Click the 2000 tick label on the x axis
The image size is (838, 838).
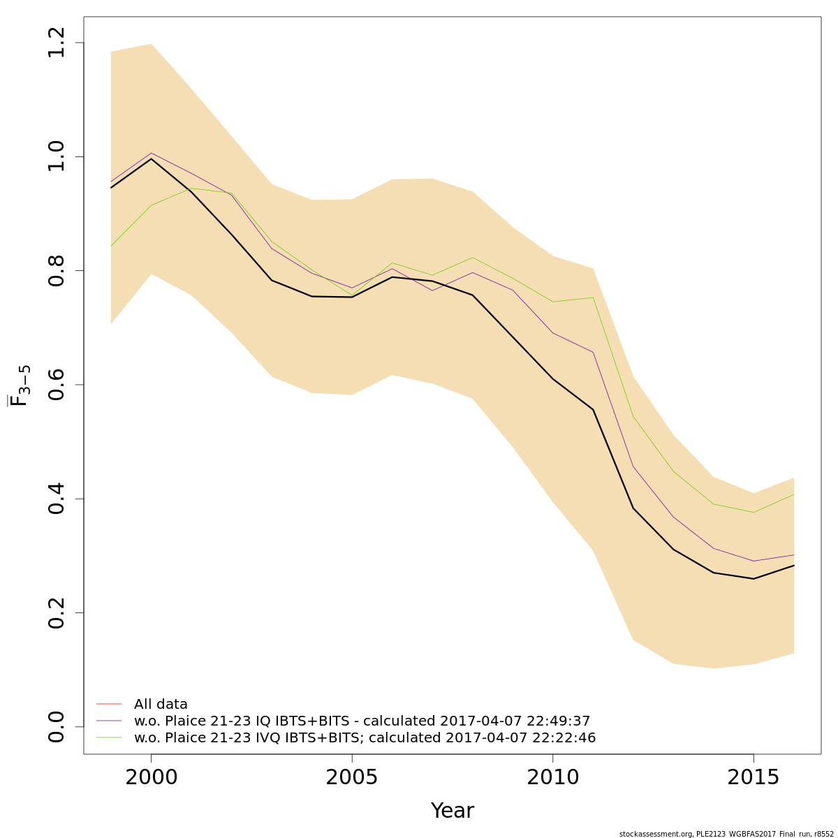[151, 777]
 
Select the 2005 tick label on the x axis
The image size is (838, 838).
[352, 777]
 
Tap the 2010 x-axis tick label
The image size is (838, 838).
[552, 777]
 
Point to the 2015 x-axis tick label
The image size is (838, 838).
[754, 777]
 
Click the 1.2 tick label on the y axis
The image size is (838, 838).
[57, 43]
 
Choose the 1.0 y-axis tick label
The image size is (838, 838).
[57, 156]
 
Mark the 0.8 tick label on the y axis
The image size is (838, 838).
[57, 270]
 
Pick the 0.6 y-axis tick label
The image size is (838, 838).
[57, 385]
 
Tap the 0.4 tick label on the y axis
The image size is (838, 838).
[57, 499]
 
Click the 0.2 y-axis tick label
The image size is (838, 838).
[57, 612]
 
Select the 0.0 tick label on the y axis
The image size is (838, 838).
[57, 727]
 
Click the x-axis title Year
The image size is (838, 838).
[452, 811]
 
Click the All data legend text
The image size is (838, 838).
[161, 705]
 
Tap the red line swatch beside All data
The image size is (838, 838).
[109, 704]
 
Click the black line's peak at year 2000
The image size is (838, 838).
[151, 159]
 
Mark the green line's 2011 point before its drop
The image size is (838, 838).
[593, 297]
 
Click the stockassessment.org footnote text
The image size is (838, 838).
[726, 834]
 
